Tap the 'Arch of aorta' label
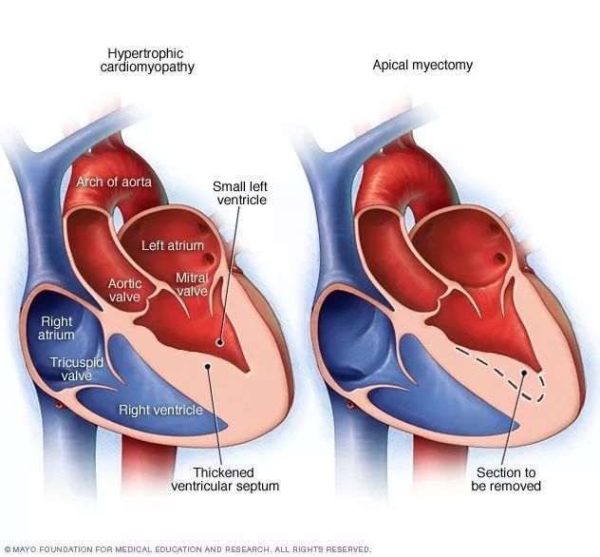113,182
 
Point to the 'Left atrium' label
173,245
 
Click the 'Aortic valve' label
124,291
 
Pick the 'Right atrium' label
56,329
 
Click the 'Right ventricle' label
160,411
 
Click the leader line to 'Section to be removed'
514,423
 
